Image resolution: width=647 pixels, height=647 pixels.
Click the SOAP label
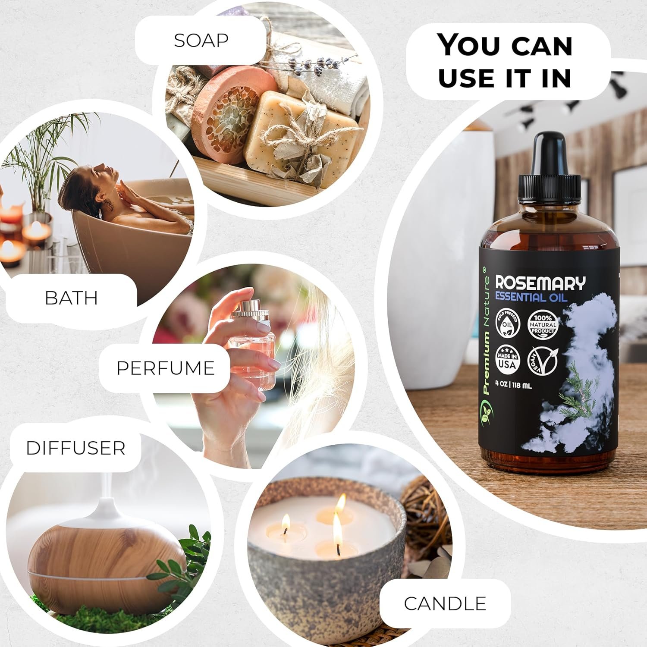click(x=201, y=40)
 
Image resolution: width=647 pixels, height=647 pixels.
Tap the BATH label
click(x=71, y=298)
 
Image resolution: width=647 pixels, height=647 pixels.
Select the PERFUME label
click(x=165, y=368)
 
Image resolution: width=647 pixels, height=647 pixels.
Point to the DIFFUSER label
click(x=75, y=448)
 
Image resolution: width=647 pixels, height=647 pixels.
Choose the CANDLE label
click(x=445, y=603)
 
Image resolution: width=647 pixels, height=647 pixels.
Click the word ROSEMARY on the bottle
click(x=540, y=283)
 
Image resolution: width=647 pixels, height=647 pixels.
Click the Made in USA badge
click(x=508, y=359)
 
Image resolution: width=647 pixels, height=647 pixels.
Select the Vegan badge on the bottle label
click(x=543, y=360)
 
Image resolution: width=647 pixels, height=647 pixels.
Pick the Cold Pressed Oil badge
click(x=508, y=323)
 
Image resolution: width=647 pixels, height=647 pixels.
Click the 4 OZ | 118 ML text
click(x=513, y=385)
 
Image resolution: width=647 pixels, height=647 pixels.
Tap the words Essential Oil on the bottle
click(x=531, y=297)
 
